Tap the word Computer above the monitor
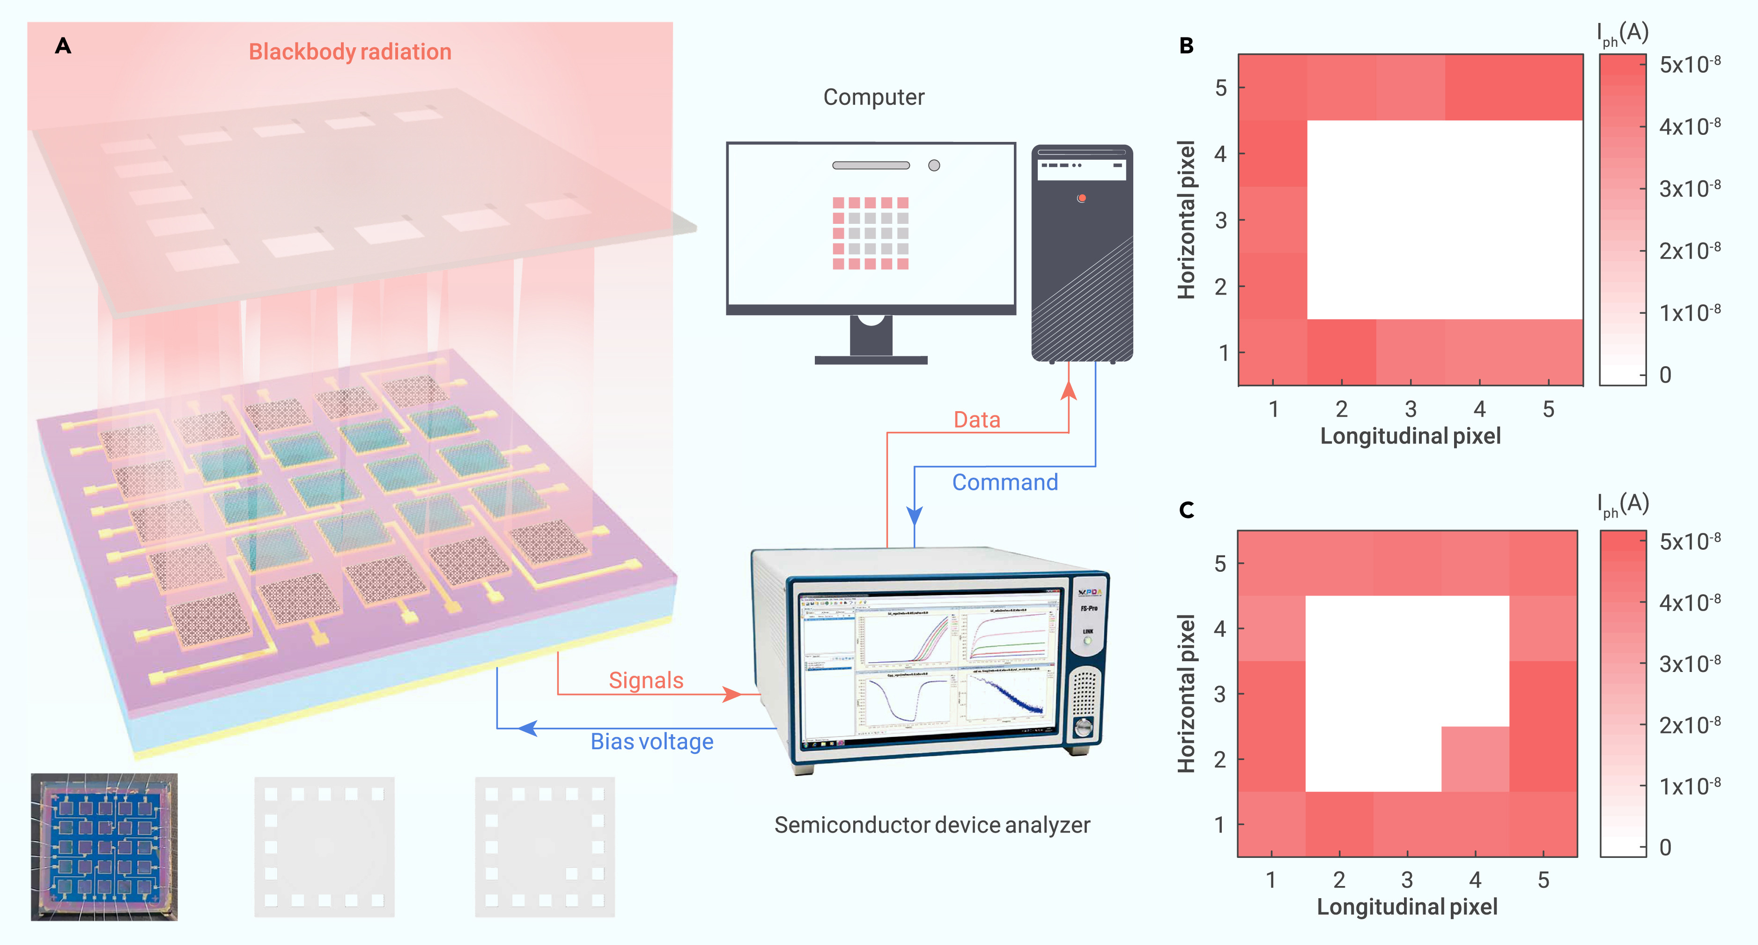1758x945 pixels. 873,97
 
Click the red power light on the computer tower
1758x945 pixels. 1082,199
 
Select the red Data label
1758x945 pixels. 976,420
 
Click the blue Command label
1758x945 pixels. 1005,482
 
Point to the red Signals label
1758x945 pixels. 646,680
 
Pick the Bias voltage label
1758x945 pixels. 652,742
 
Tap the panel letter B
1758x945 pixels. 1186,46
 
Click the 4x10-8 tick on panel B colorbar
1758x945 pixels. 1689,127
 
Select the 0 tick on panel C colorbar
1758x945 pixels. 1665,848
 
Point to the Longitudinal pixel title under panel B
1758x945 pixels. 1410,436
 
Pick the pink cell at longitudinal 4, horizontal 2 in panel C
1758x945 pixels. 1475,759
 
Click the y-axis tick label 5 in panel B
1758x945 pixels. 1220,88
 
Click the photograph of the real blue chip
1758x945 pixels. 104,847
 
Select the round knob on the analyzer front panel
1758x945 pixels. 1084,727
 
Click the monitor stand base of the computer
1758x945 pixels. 871,360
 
